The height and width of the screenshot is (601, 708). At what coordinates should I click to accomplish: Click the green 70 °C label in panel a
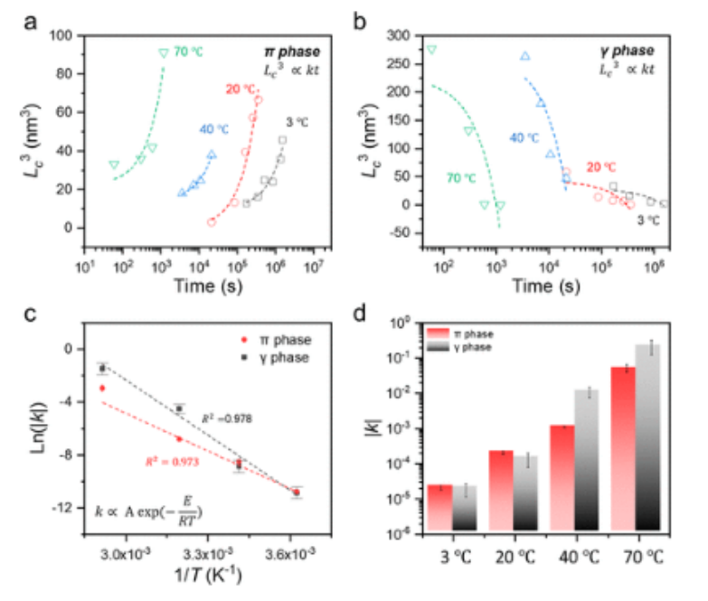[188, 52]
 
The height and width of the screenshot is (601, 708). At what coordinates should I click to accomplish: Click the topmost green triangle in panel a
[163, 53]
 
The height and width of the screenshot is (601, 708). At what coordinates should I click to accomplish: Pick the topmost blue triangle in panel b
[524, 56]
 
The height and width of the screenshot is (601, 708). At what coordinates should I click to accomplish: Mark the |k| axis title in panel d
[373, 427]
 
